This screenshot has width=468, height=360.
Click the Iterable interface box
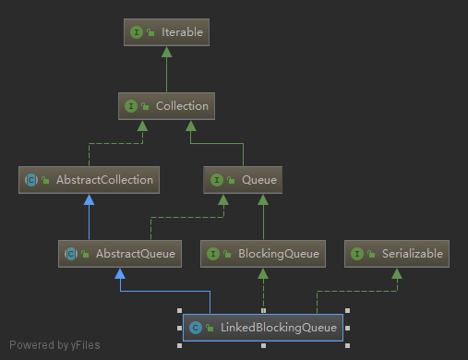pos(165,32)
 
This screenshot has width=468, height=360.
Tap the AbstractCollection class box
pos(90,180)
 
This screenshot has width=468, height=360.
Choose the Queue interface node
pos(242,180)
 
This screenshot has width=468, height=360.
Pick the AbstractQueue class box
pos(118,253)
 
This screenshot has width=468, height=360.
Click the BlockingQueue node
pos(263,253)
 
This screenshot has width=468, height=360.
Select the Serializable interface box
pos(397,253)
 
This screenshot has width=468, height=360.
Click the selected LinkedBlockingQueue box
pos(264,327)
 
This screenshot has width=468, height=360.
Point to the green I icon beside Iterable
pos(137,32)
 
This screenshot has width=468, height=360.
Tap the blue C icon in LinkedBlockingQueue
pos(195,327)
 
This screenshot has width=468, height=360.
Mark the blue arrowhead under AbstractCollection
pos(90,199)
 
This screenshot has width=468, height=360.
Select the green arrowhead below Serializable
pos(397,273)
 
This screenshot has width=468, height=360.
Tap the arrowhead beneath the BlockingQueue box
pos(263,273)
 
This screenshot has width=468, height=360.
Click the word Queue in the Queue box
pos(255,180)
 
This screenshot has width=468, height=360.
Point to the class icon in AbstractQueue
pos(71,253)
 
